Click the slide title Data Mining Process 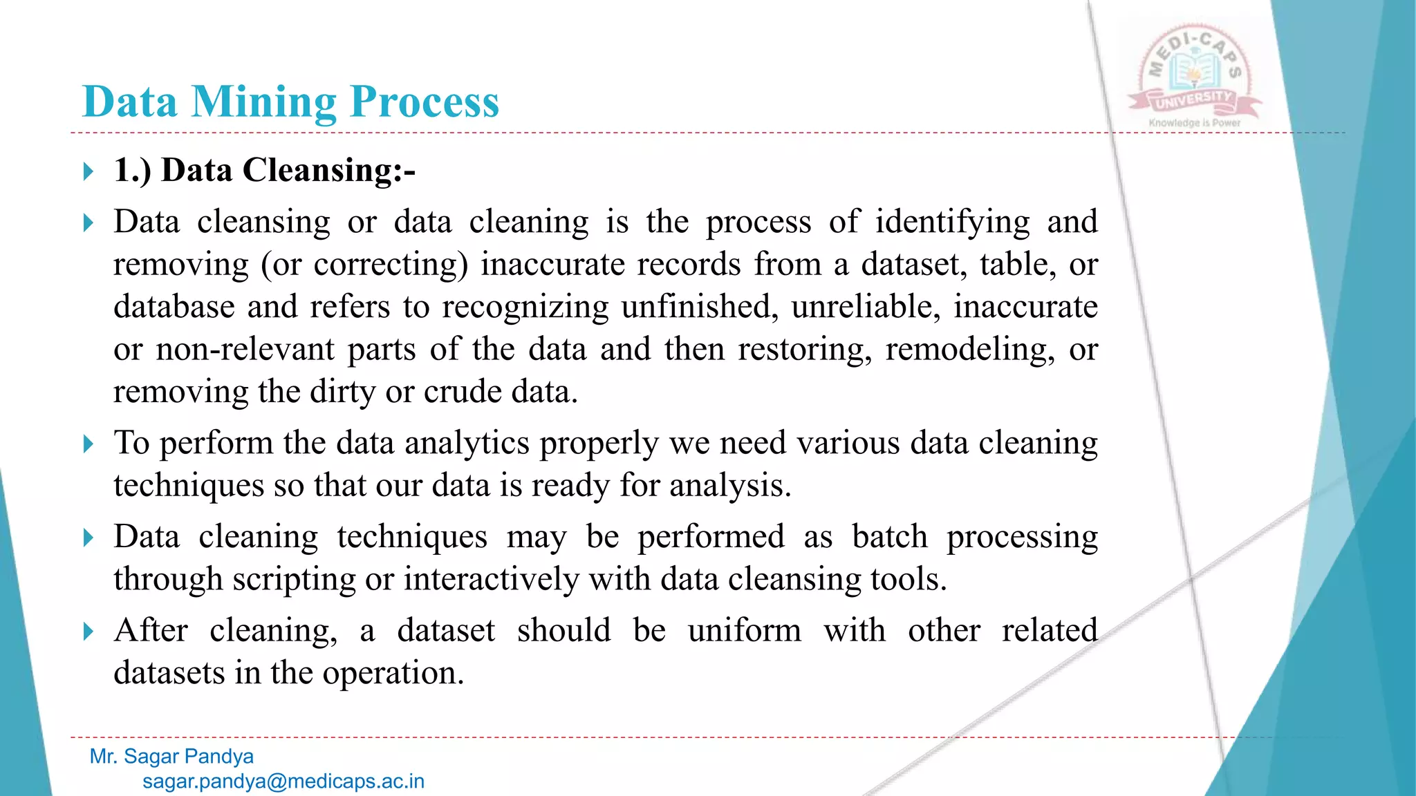(290, 102)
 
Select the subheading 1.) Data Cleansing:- (264, 170)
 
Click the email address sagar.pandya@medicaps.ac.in (283, 781)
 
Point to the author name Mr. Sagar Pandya (171, 757)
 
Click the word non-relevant (245, 350)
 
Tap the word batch (889, 537)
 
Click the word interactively (491, 580)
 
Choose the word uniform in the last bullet (745, 631)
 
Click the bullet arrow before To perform (88, 444)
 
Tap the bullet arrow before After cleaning (88, 632)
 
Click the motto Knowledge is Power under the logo (1194, 123)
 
